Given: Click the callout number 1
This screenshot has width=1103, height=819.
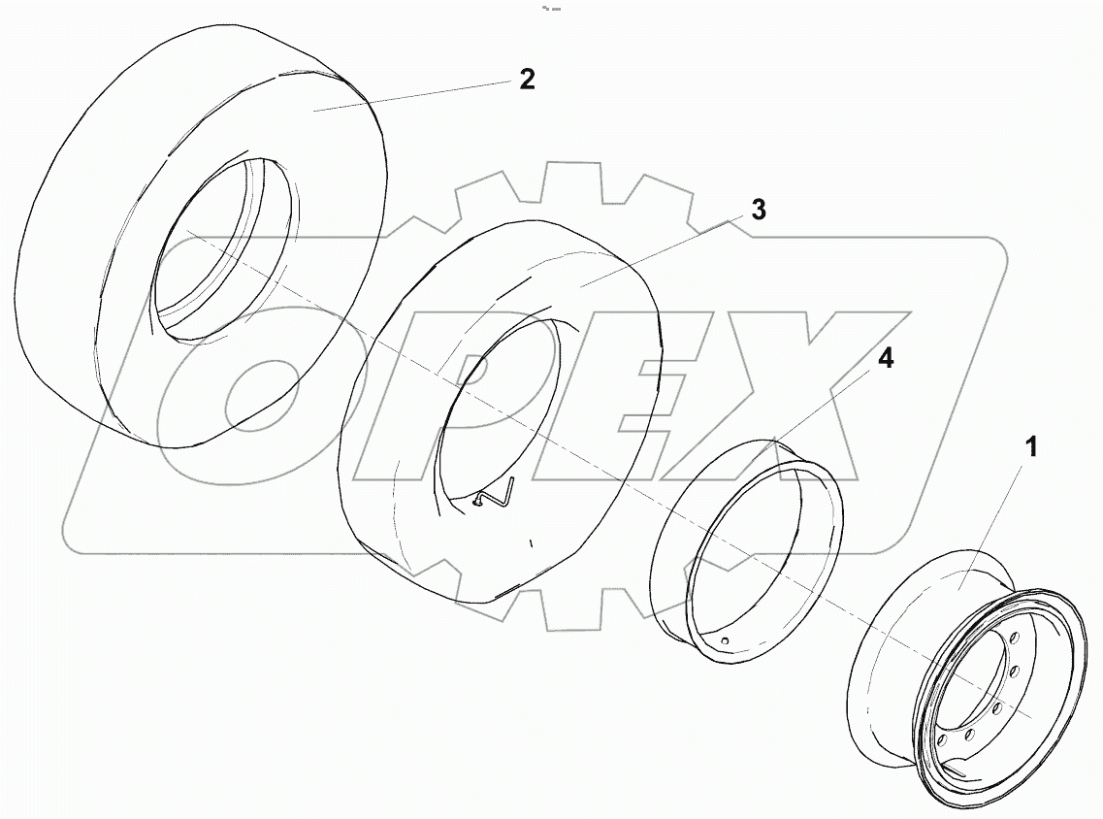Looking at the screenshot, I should tap(1032, 447).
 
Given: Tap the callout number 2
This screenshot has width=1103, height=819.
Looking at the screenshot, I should tap(526, 80).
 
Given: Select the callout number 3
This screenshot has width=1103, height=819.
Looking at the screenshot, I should tap(759, 210).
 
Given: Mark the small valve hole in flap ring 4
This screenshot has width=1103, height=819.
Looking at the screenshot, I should tap(726, 641).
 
